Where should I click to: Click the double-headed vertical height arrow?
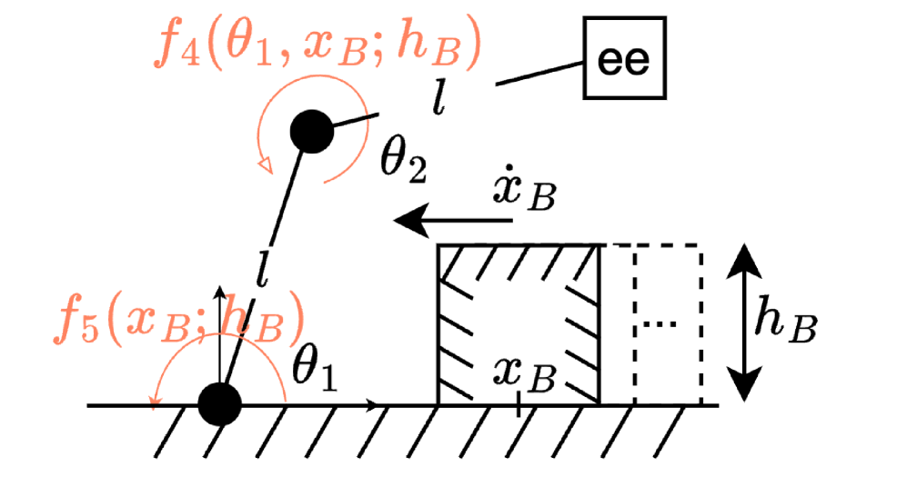point(746,323)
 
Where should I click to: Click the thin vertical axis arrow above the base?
point(219,327)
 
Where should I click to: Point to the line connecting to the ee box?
point(539,75)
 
